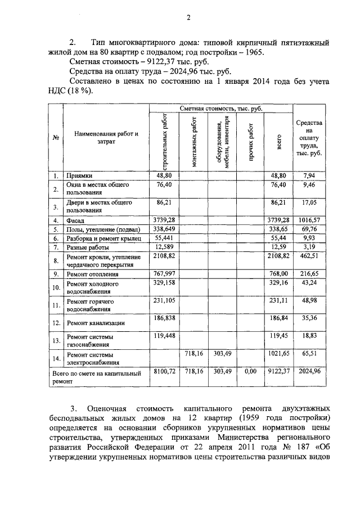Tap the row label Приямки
(79, 175)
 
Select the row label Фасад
(76, 220)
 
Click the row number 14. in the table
(56, 359)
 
